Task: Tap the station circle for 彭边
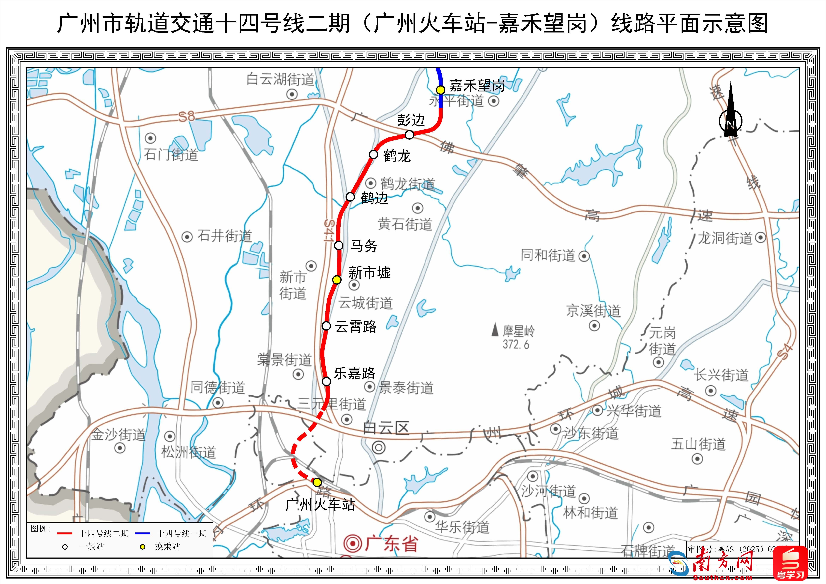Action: click(x=409, y=135)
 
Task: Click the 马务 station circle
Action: click(x=339, y=246)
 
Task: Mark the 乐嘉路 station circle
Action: click(x=326, y=381)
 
